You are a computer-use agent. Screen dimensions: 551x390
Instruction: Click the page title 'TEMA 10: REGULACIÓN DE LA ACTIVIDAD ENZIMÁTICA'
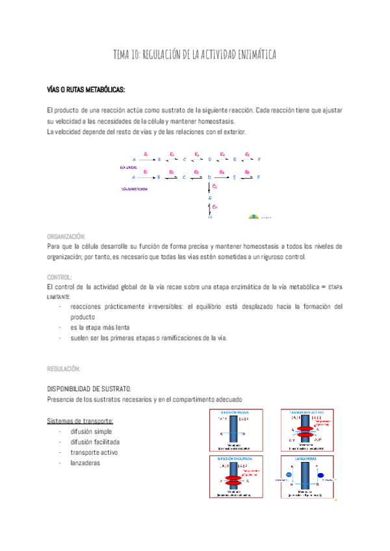click(x=195, y=55)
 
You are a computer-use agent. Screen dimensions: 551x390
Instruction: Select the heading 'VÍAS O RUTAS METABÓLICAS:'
click(x=86, y=89)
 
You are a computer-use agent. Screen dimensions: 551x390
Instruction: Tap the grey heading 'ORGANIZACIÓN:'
click(x=66, y=237)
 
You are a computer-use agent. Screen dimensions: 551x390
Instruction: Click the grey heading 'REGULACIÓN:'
click(x=64, y=368)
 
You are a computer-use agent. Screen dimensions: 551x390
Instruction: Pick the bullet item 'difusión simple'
click(x=91, y=431)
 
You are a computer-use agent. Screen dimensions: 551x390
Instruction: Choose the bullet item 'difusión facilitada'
click(x=95, y=442)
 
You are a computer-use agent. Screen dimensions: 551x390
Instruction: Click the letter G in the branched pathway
click(x=210, y=197)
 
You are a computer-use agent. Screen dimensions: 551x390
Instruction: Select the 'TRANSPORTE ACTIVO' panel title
click(x=304, y=413)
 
